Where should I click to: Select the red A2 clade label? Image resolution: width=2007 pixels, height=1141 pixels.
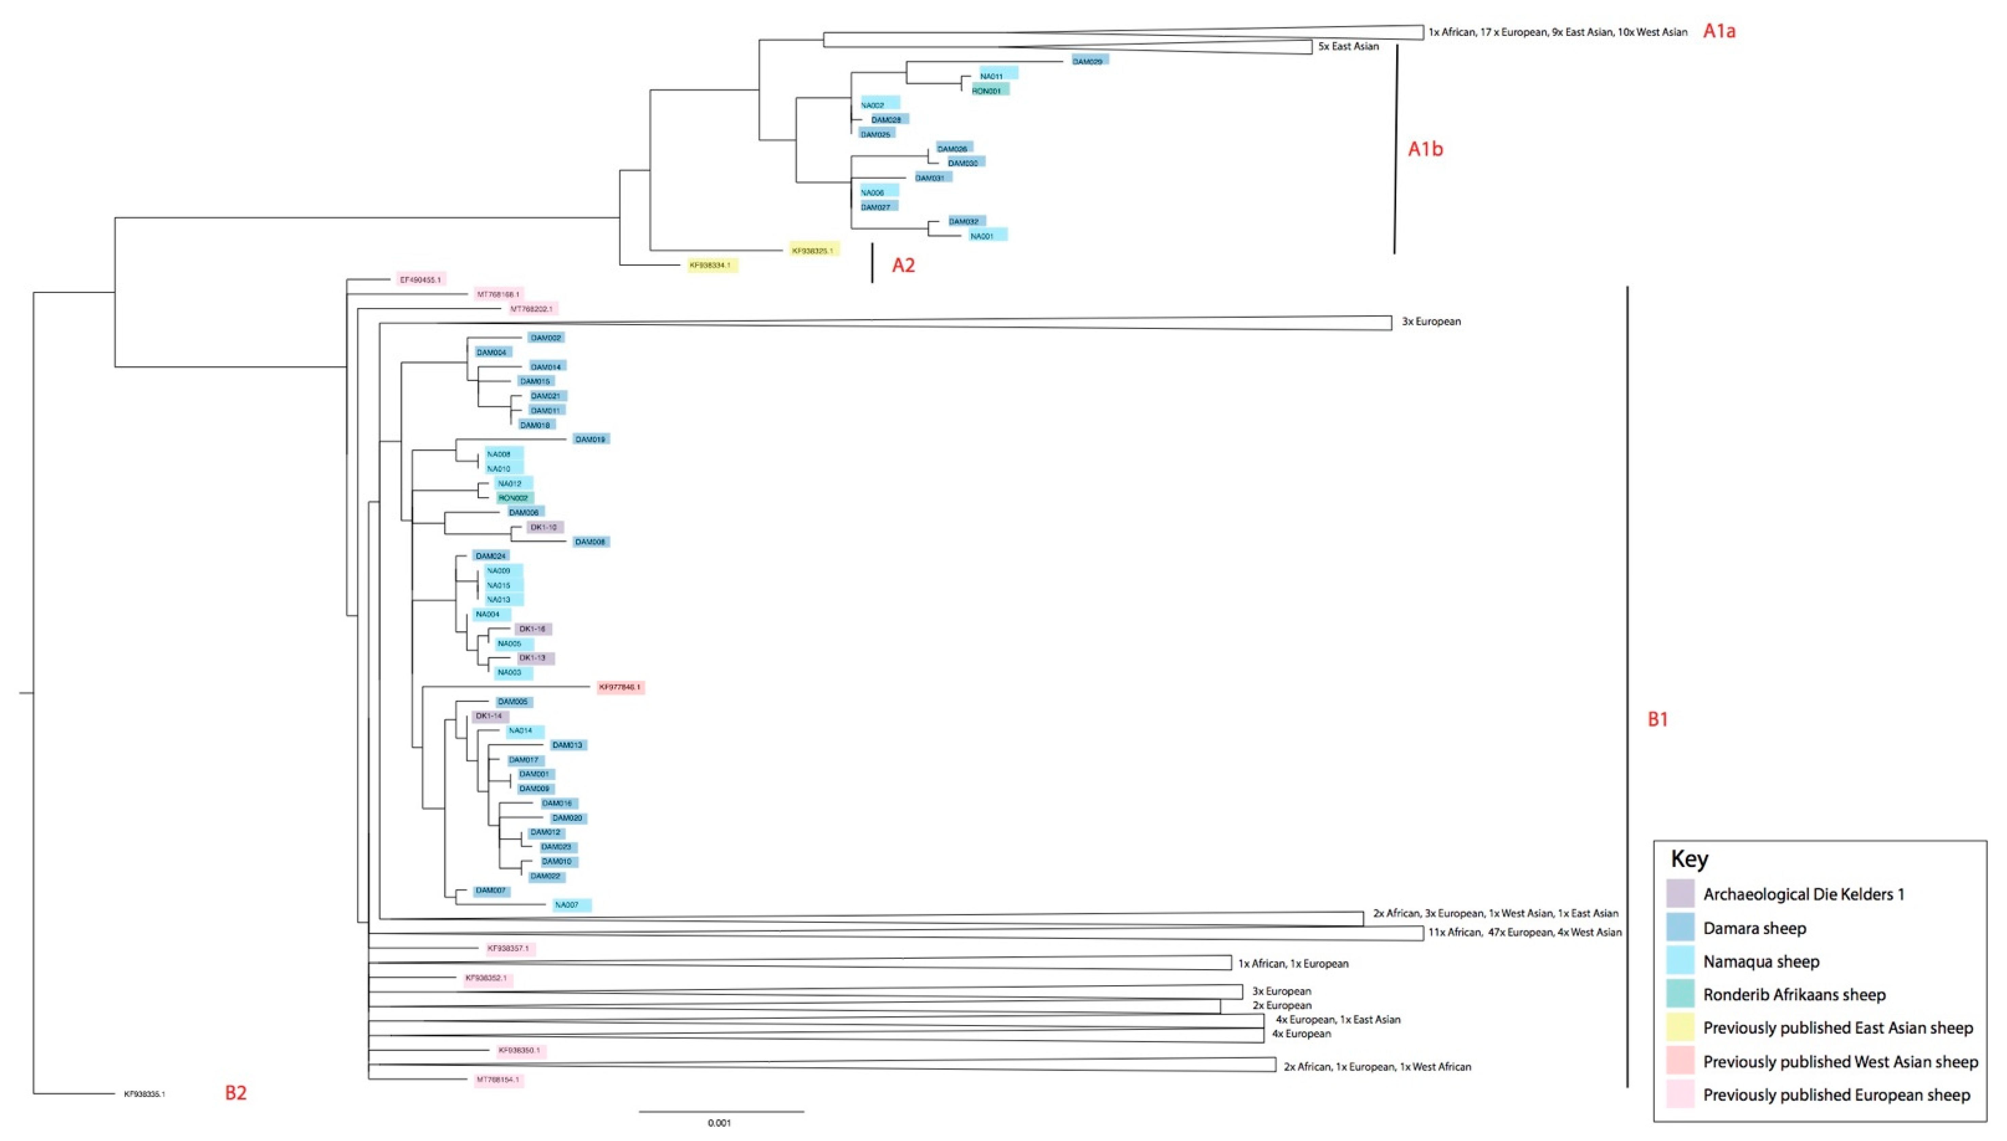pos(903,265)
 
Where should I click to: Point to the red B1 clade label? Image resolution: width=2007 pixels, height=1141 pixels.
pos(1657,719)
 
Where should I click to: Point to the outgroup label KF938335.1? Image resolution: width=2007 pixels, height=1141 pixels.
pos(144,1094)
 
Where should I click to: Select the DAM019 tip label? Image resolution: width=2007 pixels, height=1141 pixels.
pos(590,440)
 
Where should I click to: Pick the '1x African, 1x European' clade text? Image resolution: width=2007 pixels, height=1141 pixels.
pos(1293,964)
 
